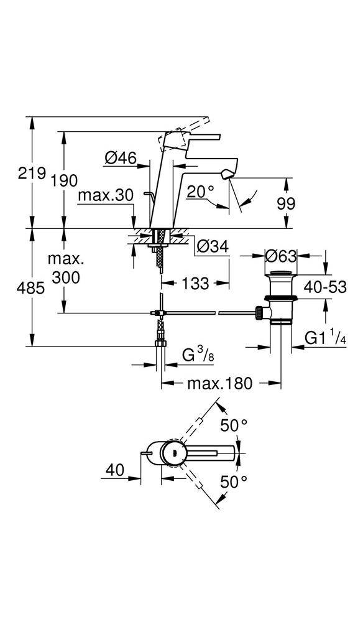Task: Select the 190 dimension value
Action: point(64,180)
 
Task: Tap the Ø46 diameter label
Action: point(121,158)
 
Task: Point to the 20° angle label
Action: point(200,192)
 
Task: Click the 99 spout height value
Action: point(286,203)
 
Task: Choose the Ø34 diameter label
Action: point(213,246)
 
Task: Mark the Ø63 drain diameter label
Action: point(280,256)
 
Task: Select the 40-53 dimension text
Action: point(325,286)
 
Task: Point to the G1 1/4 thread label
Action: point(325,338)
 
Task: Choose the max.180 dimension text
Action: point(219,383)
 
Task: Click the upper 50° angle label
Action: point(234,425)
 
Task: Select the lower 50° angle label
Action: point(234,482)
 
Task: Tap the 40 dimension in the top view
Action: point(115,470)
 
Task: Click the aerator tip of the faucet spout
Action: point(227,174)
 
